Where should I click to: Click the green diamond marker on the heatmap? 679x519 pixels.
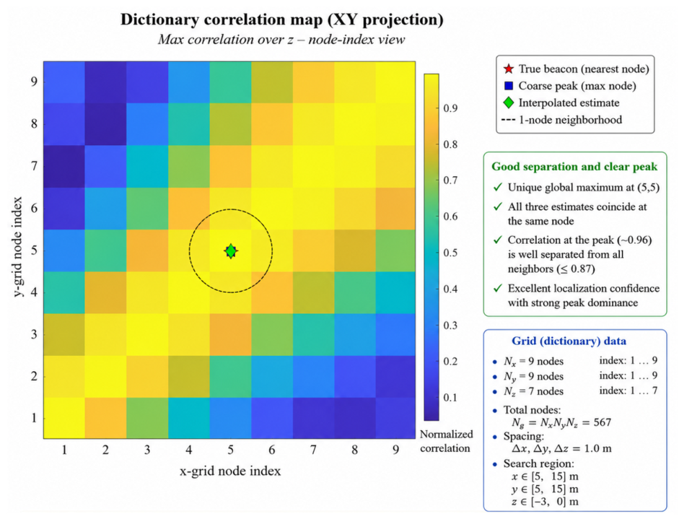click(231, 250)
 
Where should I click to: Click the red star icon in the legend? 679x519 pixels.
click(509, 69)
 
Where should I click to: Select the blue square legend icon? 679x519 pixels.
click(509, 86)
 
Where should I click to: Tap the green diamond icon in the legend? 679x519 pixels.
click(509, 103)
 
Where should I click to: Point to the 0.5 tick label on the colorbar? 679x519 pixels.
click(450, 253)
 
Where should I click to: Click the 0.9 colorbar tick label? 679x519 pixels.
click(450, 108)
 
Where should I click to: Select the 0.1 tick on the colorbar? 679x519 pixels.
click(450, 397)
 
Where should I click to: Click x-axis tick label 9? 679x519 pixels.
click(396, 450)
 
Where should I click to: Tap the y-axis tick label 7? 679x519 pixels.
click(34, 166)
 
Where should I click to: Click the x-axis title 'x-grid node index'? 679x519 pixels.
click(230, 471)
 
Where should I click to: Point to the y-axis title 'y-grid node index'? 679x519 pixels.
click(18, 246)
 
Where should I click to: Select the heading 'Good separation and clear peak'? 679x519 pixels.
click(574, 167)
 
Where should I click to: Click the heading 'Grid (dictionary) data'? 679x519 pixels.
click(569, 341)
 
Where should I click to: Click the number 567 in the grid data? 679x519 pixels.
click(603, 422)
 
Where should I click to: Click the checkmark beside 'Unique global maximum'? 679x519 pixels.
click(498, 187)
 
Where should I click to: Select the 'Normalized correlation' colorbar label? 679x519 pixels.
click(446, 441)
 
